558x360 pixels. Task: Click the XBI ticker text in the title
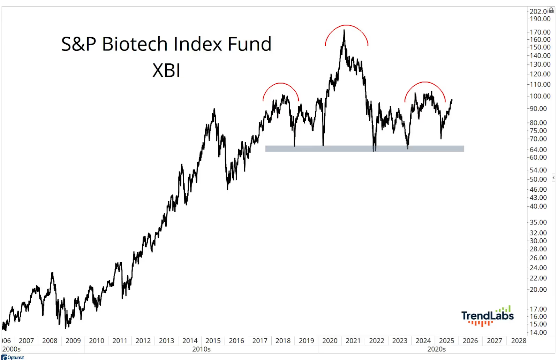pyautogui.click(x=166, y=70)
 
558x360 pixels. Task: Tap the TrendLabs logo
pyautogui.click(x=487, y=316)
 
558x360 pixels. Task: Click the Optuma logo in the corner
pyautogui.click(x=13, y=357)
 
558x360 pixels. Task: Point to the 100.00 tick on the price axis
pyautogui.click(x=540, y=96)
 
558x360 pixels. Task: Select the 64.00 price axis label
pyautogui.click(x=538, y=150)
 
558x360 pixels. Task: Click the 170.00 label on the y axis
pyautogui.click(x=540, y=32)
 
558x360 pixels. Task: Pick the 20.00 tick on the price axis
pyautogui.click(x=538, y=290)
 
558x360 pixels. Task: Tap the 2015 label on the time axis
pyautogui.click(x=213, y=341)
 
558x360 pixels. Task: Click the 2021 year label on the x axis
pyautogui.click(x=353, y=341)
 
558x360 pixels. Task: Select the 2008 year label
pyautogui.click(x=50, y=341)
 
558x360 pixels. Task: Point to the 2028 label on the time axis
pyautogui.click(x=519, y=341)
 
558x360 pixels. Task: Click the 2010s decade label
pyautogui.click(x=201, y=349)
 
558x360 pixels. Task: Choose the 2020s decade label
pyautogui.click(x=436, y=349)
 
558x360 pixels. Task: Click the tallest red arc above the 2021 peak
pyautogui.click(x=346, y=25)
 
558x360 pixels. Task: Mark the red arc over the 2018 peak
pyautogui.click(x=281, y=83)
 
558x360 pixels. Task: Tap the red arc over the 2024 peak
pyautogui.click(x=425, y=82)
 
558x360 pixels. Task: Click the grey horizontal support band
pyautogui.click(x=364, y=149)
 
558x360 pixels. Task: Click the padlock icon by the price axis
pyautogui.click(x=551, y=10)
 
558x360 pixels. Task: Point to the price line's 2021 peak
pyautogui.click(x=344, y=31)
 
